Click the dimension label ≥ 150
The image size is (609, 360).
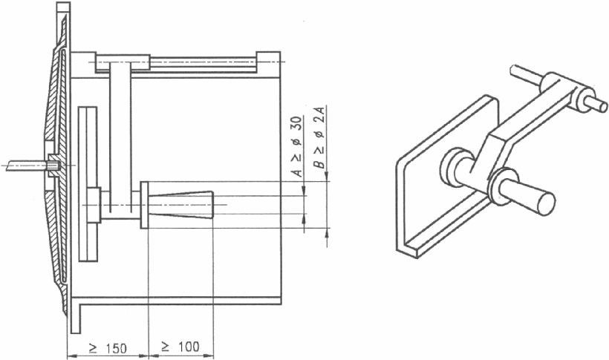pos(108,348)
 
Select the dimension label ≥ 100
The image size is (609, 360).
pos(180,347)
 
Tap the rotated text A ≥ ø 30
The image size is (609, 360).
pos(298,146)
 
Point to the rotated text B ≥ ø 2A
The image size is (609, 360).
pos(319,138)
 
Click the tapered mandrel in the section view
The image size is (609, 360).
pos(180,205)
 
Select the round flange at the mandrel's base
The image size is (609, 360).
pos(144,205)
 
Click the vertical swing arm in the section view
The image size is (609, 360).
pos(120,138)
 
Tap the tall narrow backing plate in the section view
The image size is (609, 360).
pos(88,183)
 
